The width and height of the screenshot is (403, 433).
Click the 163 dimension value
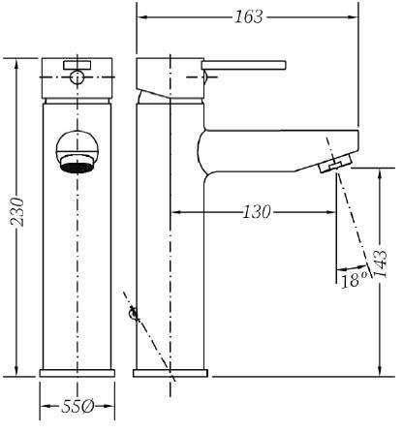(249, 16)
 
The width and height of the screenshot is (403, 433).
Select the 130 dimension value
(257, 212)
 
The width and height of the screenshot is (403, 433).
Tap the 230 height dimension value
(17, 212)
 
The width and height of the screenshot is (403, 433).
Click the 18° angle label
(355, 280)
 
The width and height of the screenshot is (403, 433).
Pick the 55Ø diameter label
(77, 406)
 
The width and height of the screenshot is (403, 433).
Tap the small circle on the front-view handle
(77, 77)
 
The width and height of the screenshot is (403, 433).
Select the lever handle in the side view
(244, 65)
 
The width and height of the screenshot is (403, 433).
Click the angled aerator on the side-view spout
(335, 163)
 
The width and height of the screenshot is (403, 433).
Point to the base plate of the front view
(77, 373)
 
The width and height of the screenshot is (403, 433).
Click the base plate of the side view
(170, 373)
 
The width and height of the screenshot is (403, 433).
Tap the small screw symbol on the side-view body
(134, 313)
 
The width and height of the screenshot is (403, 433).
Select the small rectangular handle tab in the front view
(77, 65)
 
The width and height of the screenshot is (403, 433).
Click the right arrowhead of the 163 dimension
(355, 16)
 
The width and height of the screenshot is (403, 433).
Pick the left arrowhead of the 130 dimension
(174, 212)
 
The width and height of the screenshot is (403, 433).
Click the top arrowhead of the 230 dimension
(17, 63)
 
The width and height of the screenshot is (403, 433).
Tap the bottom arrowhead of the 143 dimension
(380, 371)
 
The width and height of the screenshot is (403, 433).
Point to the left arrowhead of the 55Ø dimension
(45, 406)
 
